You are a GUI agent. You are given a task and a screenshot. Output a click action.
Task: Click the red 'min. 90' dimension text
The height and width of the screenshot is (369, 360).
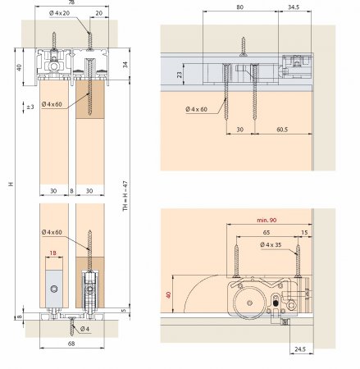pyautogui.click(x=267, y=220)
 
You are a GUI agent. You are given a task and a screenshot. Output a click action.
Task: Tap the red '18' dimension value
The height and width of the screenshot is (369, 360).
pyautogui.click(x=53, y=253)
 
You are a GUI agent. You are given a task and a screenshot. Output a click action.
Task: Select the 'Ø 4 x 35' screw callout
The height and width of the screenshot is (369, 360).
pyautogui.click(x=271, y=244)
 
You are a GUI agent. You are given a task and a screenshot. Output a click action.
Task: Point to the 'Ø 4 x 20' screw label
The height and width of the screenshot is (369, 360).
pyautogui.click(x=60, y=13)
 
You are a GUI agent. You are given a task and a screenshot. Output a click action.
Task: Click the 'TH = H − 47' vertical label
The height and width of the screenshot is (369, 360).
pyautogui.click(x=125, y=195)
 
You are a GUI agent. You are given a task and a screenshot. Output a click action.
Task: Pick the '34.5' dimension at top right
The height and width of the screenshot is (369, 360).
pyautogui.click(x=294, y=7)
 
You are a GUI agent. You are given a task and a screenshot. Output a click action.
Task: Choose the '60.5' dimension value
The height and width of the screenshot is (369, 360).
pyautogui.click(x=282, y=130)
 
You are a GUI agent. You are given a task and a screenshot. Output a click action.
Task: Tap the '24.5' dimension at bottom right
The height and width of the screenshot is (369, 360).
pyautogui.click(x=300, y=349)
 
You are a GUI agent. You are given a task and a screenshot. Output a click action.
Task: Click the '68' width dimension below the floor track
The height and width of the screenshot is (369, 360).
pyautogui.click(x=71, y=344)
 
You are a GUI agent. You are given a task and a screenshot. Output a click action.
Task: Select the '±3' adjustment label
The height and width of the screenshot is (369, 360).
pyautogui.click(x=30, y=107)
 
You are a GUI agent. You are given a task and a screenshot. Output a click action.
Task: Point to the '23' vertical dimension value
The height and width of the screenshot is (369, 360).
pyautogui.click(x=180, y=75)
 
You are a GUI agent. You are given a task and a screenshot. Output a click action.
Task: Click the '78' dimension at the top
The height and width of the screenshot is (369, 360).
pyautogui.click(x=71, y=2)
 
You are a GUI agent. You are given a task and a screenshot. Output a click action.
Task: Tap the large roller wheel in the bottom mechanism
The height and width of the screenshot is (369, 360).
pyautogui.click(x=249, y=303)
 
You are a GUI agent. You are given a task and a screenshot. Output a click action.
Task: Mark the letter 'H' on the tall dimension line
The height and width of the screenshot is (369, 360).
pyautogui.click(x=11, y=184)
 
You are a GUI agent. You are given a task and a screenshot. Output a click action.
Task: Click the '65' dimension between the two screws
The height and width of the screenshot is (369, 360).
pyautogui.click(x=267, y=233)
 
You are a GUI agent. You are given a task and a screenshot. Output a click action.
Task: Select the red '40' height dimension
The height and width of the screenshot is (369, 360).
pyautogui.click(x=168, y=294)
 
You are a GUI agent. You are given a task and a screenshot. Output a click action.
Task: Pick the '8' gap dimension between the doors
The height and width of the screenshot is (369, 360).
pyautogui.click(x=71, y=191)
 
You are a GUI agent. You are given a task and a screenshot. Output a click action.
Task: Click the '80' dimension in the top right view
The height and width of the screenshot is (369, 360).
pyautogui.click(x=239, y=7)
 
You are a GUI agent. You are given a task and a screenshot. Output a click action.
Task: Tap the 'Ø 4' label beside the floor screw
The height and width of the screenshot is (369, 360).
pyautogui.click(x=85, y=329)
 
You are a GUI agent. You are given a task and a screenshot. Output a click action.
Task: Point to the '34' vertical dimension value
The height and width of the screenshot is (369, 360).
pyautogui.click(x=125, y=65)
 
